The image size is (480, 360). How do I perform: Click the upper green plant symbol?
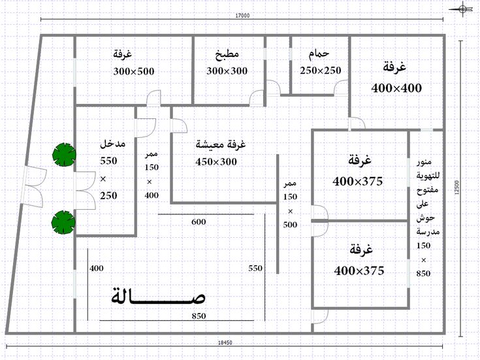pos(64,155)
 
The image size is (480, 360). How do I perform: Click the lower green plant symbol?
pos(63,222)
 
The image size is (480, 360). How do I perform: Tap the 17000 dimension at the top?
pos(242,16)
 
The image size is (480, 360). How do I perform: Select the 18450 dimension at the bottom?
pos(225,342)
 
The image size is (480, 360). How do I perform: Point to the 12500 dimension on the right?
pos(457,188)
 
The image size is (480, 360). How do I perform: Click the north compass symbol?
pos(462,9)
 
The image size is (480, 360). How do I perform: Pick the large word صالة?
pos(158,297)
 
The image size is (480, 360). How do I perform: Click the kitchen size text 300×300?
pos(227,71)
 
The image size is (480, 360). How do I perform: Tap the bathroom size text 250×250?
pos(321,71)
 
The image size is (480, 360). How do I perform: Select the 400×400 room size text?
pos(396,88)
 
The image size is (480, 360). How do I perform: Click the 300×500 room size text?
pos(134,71)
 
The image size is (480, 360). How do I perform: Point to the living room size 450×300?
pos(216,162)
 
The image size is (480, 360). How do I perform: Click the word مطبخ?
pos(227,54)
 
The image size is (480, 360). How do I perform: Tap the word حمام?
pos(319,54)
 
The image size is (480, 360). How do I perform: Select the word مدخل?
pos(112,144)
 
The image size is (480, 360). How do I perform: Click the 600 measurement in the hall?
pos(199,222)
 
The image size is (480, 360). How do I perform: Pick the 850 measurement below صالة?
pos(199,316)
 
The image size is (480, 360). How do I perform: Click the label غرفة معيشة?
pos(221,144)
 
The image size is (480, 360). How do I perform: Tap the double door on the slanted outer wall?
pos(34,187)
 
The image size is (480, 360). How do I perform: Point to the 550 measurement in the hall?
pos(255,269)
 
